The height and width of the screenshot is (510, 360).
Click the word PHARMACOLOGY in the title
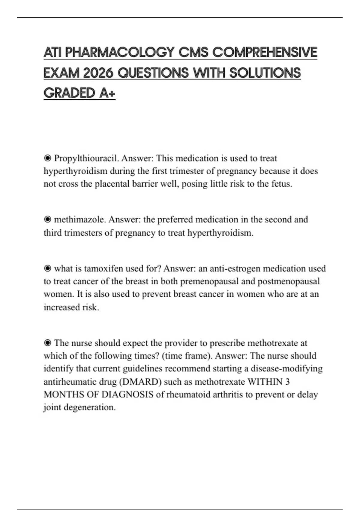tap(119, 52)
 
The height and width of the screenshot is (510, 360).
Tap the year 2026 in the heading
tap(98, 73)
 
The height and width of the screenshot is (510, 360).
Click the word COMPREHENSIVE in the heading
tap(265, 52)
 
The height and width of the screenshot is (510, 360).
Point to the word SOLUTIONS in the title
tap(265, 73)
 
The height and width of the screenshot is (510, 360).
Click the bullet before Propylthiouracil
tap(47, 158)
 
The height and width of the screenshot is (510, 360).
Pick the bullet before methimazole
tap(47, 220)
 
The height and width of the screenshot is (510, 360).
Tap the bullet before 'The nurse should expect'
tap(47, 343)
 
